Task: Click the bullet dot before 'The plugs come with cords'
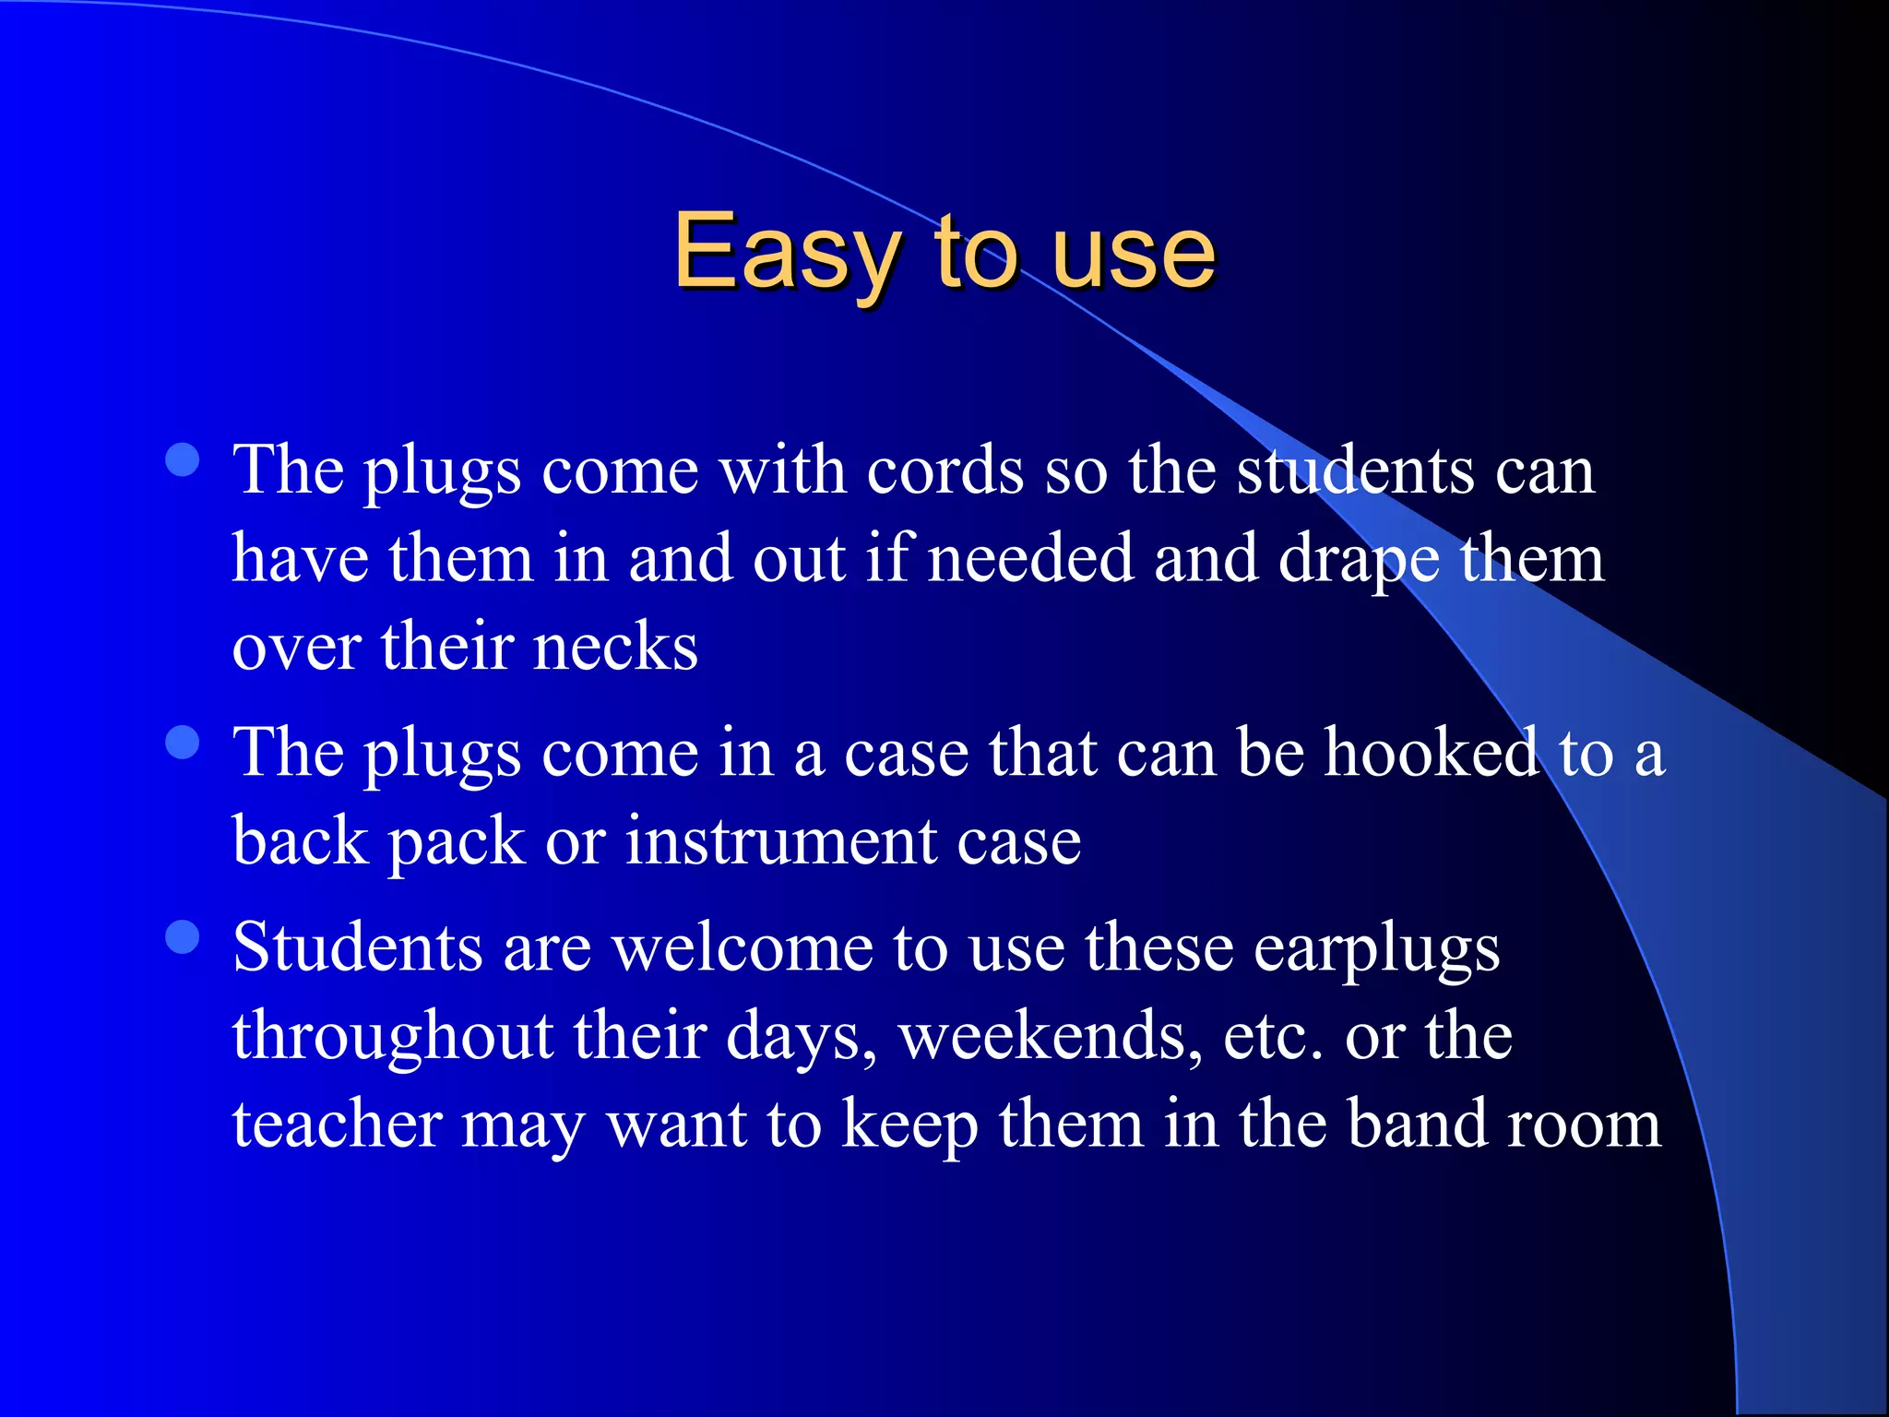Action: (x=183, y=460)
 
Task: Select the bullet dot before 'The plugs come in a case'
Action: (x=183, y=743)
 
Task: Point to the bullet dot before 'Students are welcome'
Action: (x=183, y=937)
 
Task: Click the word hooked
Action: (x=1432, y=753)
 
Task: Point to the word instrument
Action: (x=780, y=841)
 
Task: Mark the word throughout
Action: (x=392, y=1037)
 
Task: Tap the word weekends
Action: (x=1051, y=1036)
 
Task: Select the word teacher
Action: (x=337, y=1125)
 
